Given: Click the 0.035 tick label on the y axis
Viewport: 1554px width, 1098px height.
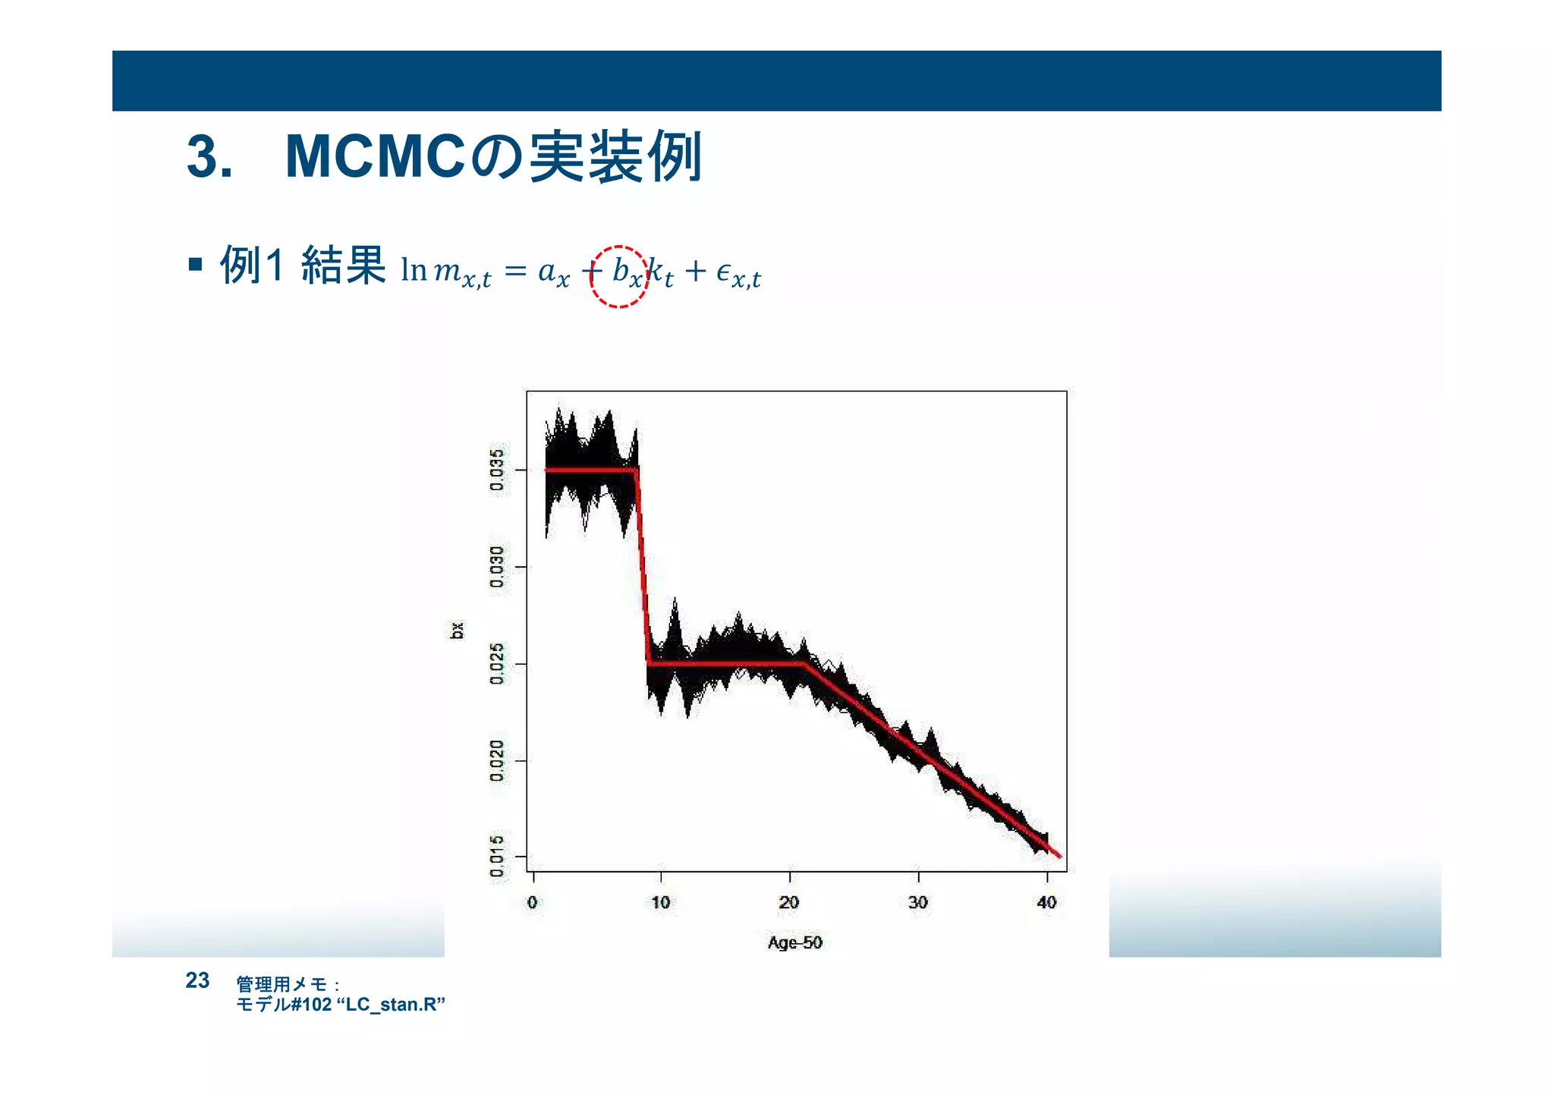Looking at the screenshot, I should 497,470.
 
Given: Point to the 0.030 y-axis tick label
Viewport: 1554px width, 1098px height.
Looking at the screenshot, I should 497,567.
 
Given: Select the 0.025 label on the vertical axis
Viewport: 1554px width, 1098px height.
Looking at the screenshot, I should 497,664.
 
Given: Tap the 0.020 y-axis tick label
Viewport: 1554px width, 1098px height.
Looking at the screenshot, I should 497,760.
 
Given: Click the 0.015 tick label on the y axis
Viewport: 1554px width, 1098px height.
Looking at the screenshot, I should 497,856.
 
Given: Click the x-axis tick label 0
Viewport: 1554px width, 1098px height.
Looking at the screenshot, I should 533,902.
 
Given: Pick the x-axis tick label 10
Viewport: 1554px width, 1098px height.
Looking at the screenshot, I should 661,902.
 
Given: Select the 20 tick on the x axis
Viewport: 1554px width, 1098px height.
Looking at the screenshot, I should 789,902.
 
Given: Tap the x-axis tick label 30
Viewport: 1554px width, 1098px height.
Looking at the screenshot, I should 918,902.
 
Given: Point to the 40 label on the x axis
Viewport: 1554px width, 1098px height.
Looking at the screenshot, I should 1046,902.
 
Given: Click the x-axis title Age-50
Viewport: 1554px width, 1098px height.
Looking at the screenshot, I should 794,942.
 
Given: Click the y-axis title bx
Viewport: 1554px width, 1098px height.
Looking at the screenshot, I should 457,631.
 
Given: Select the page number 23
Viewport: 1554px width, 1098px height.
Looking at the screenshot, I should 197,980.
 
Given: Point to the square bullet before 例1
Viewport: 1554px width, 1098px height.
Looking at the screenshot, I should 196,265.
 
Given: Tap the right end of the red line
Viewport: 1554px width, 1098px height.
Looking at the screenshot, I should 1060,857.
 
